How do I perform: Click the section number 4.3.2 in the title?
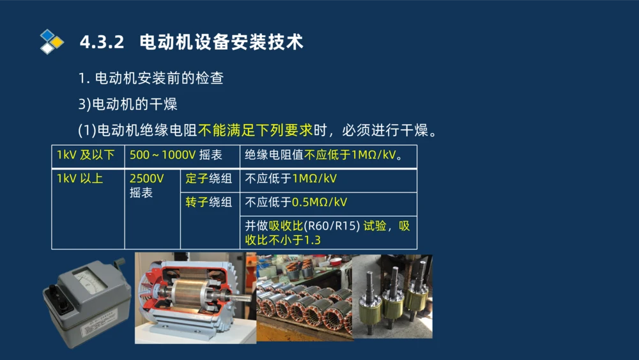(101, 42)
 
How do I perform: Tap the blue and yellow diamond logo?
(52, 42)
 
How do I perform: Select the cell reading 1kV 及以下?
(86, 155)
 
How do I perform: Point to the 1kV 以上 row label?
(80, 179)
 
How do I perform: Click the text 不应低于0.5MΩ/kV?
(296, 203)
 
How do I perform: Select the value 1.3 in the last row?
(312, 240)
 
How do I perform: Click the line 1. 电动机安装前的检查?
(151, 79)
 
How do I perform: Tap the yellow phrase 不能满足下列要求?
(255, 130)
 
